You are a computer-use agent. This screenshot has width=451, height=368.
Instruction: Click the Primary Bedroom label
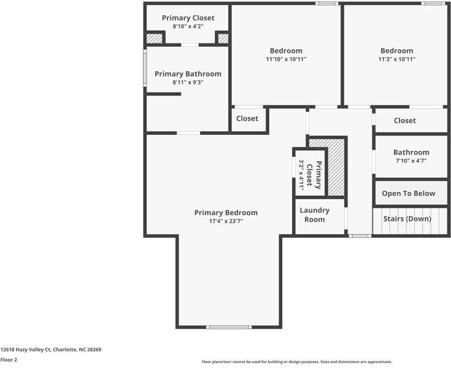[x=226, y=213]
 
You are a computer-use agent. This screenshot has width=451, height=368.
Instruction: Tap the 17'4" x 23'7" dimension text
[x=226, y=221]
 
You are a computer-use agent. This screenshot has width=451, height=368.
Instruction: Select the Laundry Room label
[x=315, y=215]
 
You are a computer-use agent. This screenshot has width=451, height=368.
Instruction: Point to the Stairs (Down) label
[x=407, y=218]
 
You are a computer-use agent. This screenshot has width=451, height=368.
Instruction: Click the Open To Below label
[x=409, y=193]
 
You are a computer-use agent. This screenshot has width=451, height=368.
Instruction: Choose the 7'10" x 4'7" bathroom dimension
[x=411, y=161]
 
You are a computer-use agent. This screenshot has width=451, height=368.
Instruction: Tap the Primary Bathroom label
[x=188, y=74]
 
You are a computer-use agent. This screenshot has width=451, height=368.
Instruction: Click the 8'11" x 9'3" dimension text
[x=188, y=82]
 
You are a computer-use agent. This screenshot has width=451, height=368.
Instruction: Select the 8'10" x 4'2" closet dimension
[x=188, y=26]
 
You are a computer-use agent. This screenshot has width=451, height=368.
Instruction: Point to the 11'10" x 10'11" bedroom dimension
[x=286, y=59]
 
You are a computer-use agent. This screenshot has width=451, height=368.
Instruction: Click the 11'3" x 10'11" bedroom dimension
[x=396, y=59]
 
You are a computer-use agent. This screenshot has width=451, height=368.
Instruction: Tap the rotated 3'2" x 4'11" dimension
[x=302, y=174]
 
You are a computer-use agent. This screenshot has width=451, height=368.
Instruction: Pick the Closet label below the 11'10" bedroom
[x=247, y=118]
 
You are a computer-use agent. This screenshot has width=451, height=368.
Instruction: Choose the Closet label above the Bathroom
[x=405, y=120]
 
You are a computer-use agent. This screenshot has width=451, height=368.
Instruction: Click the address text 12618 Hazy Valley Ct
[x=51, y=350]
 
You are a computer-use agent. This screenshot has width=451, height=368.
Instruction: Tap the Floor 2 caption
[x=9, y=360]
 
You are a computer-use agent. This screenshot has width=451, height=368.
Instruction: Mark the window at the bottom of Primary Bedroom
[x=229, y=327]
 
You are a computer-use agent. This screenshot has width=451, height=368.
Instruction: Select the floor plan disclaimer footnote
[x=297, y=362]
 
